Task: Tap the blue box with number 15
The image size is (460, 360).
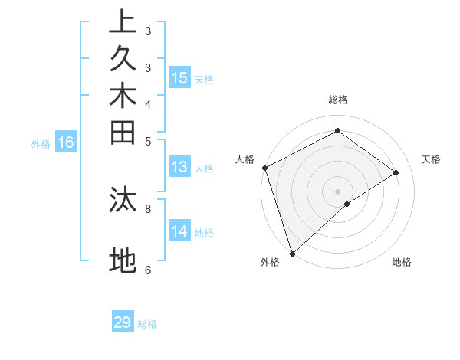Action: [179, 78]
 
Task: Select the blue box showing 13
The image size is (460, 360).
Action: [179, 167]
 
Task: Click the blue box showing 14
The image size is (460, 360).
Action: [179, 231]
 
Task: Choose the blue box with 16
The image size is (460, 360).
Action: [67, 142]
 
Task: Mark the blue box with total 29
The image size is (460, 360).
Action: [123, 322]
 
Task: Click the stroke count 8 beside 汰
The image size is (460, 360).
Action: [148, 207]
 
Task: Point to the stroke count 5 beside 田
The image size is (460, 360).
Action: [148, 141]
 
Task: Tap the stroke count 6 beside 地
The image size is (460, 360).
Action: [148, 270]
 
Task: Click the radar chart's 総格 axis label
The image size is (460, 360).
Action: [337, 100]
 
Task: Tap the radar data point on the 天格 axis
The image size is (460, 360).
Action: [396, 172]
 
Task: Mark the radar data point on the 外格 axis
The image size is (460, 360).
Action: [292, 253]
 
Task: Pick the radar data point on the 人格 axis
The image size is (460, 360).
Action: [264, 168]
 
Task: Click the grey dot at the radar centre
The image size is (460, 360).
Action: [337, 191]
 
